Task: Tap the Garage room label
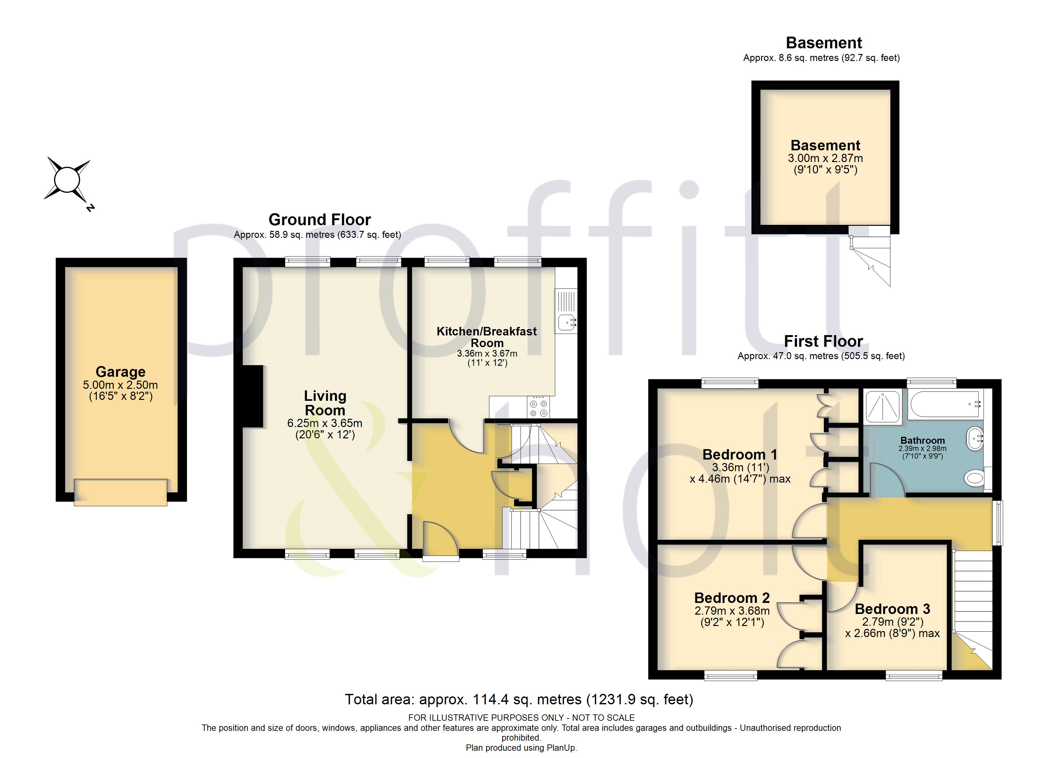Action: point(120,371)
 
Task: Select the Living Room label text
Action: point(325,403)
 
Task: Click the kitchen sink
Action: point(566,322)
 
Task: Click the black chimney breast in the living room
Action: point(253,396)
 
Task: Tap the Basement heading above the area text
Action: point(824,43)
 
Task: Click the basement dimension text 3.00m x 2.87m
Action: point(826,158)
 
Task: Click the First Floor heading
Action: point(823,341)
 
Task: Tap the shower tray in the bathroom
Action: point(882,406)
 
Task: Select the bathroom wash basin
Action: point(975,439)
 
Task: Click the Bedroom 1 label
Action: point(740,454)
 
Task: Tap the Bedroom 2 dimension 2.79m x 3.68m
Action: point(732,611)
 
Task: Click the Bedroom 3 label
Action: point(892,609)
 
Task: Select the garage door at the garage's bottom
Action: point(120,492)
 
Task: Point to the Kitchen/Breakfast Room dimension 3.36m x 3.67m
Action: point(487,353)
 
